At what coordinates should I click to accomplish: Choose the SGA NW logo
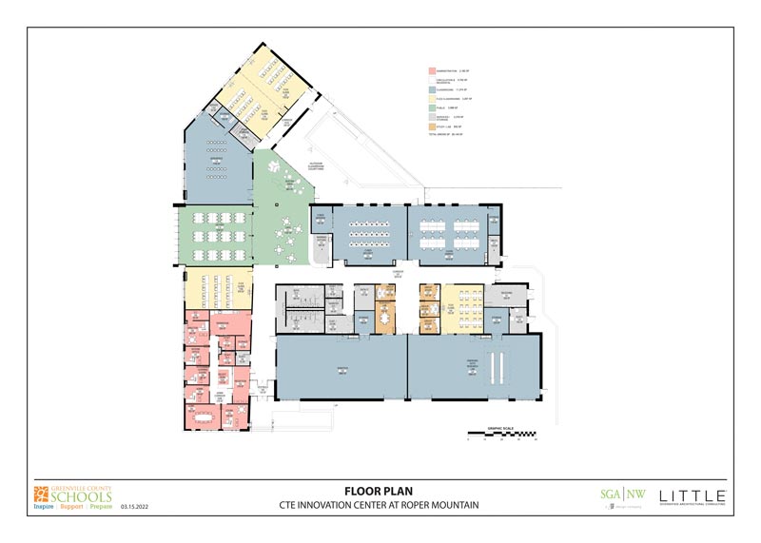614,495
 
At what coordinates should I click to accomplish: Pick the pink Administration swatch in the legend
431,70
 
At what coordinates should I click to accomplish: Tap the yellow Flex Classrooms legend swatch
431,98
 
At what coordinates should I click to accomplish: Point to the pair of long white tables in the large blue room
495,365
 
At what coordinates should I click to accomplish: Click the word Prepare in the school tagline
100,506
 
